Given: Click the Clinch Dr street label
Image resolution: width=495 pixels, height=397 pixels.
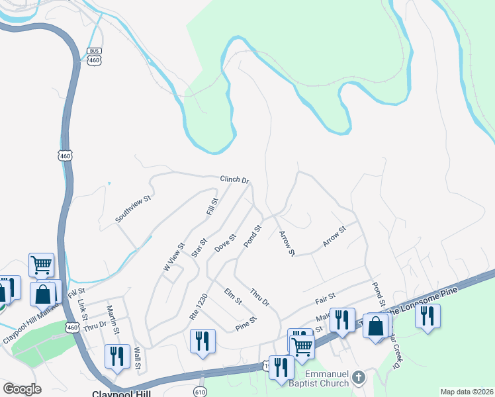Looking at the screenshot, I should click(x=234, y=180).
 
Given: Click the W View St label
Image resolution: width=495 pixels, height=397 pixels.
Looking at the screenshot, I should click(x=171, y=258).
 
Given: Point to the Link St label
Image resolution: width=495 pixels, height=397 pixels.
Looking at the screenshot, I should click(x=83, y=307).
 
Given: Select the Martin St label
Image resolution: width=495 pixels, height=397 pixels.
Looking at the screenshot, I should click(x=114, y=322).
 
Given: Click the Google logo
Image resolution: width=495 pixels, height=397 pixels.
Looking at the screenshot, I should click(x=22, y=389).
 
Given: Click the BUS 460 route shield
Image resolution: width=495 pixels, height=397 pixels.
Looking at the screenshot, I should click(x=94, y=56).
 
